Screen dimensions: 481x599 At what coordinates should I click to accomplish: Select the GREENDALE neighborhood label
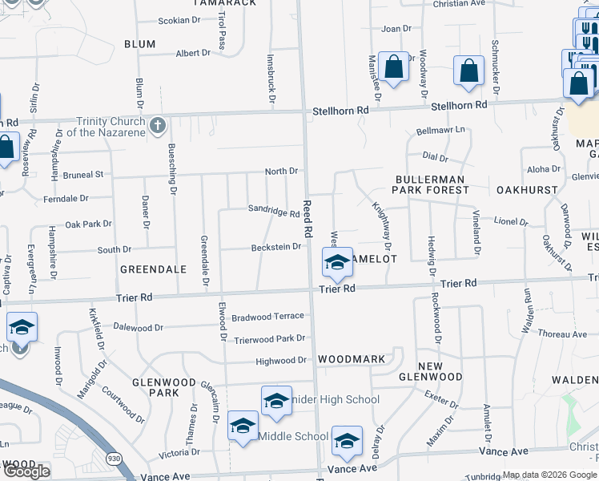153,269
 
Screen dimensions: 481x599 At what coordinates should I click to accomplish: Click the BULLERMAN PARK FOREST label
430,184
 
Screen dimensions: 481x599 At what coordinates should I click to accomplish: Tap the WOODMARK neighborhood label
351,359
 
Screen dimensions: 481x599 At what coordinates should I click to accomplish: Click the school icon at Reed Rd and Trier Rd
337,262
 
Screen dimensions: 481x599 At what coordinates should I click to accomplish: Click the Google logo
26,471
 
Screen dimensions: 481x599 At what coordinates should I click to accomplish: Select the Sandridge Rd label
272,212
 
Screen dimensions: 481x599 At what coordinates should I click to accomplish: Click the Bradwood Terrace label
267,317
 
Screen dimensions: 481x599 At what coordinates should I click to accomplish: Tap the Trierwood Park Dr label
270,340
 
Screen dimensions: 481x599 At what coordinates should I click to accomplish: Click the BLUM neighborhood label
140,44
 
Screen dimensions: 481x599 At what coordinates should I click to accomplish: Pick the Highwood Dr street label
281,362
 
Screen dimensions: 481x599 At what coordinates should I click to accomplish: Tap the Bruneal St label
84,174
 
